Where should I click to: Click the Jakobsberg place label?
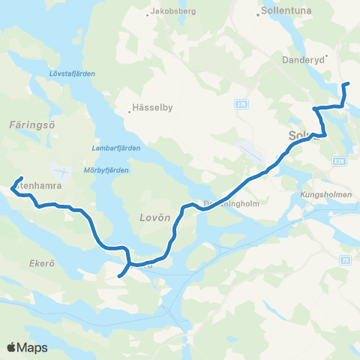click(177, 12)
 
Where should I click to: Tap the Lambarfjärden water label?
click(115, 148)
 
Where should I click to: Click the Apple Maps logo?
click(27, 347)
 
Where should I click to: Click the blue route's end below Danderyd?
click(345, 84)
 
